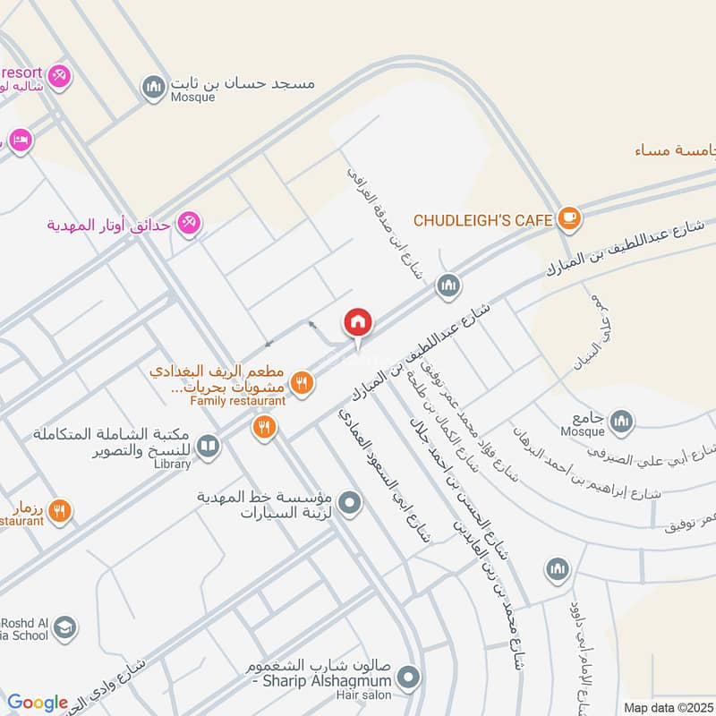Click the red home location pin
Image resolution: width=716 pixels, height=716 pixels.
(x=358, y=323)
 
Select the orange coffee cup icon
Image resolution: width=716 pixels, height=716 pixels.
(x=568, y=217)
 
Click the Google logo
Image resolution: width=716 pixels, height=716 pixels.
(x=38, y=703)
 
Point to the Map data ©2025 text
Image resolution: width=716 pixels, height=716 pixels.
(x=669, y=707)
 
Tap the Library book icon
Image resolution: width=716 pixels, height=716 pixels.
(x=208, y=446)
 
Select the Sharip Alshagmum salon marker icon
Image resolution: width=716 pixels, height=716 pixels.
(x=409, y=677)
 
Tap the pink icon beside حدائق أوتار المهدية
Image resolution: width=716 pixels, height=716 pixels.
(x=189, y=222)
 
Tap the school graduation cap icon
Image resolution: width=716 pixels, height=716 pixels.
(x=64, y=628)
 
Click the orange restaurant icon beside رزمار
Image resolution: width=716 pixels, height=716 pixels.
(x=60, y=511)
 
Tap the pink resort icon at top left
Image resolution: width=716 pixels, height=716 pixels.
(x=60, y=75)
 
